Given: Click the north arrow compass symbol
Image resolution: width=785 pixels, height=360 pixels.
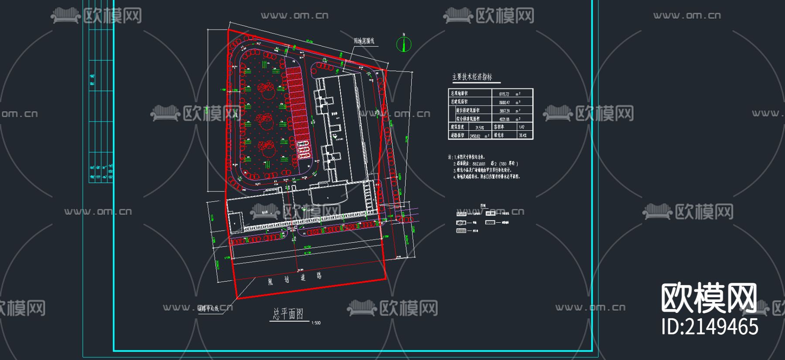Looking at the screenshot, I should pyautogui.click(x=404, y=44).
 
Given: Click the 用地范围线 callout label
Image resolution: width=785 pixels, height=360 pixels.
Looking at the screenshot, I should pyautogui.click(x=364, y=41).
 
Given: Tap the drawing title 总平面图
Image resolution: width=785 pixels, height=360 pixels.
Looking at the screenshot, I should pyautogui.click(x=288, y=314).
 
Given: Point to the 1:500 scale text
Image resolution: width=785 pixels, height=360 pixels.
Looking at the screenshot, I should pyautogui.click(x=316, y=323).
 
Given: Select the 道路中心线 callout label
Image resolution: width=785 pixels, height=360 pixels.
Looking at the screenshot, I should pyautogui.click(x=208, y=309).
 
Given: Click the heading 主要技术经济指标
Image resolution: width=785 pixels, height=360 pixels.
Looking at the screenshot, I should pyautogui.click(x=472, y=77).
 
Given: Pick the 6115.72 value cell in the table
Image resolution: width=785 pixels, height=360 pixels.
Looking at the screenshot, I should pyautogui.click(x=504, y=94).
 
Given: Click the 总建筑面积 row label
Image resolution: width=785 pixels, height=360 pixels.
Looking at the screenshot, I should pyautogui.click(x=459, y=102).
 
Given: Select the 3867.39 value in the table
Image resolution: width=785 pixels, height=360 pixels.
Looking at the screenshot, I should pyautogui.click(x=504, y=111).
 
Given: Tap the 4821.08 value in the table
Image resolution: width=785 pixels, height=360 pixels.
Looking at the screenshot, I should pyautogui.click(x=504, y=119).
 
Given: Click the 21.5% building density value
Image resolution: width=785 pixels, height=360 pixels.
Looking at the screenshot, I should pyautogui.click(x=480, y=128).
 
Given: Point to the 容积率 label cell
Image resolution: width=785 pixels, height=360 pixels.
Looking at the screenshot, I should pyautogui.click(x=499, y=127).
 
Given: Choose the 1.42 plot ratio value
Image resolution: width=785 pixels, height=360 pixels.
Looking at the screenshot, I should pyautogui.click(x=522, y=127).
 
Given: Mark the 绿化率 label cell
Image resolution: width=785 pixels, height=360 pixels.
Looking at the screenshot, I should pyautogui.click(x=499, y=136).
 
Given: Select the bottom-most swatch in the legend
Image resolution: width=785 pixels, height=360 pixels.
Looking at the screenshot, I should pyautogui.click(x=461, y=231).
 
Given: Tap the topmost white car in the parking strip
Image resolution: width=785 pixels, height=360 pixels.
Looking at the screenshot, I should pyautogui.click(x=303, y=144).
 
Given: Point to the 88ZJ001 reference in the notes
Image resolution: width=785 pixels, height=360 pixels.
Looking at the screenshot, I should pyautogui.click(x=479, y=164).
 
